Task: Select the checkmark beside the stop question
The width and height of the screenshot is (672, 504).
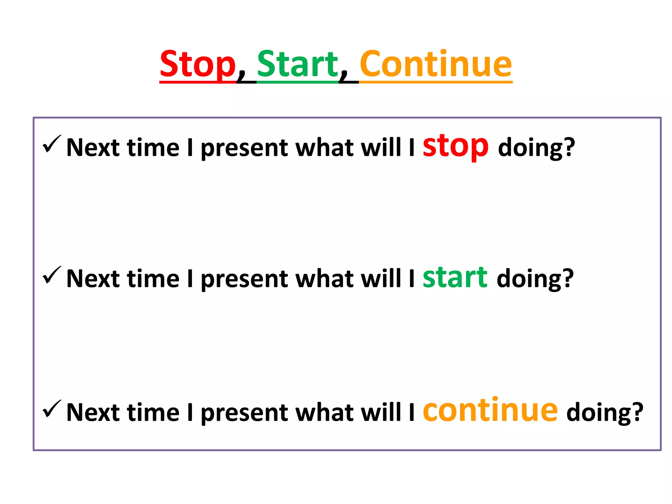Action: pos(52,144)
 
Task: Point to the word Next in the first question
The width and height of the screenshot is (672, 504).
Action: pos(93,148)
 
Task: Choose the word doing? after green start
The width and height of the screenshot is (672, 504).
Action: pos(535,279)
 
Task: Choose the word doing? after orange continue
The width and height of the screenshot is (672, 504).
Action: pos(605,413)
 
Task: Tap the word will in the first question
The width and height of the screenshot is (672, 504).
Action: pos(381,147)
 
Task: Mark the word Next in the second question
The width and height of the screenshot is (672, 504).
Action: pos(93,279)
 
